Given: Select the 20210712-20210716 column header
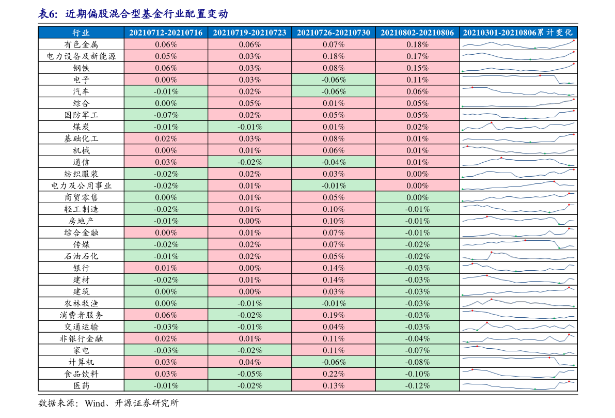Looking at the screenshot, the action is click(x=166, y=33).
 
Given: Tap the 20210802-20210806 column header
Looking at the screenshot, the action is click(x=417, y=33).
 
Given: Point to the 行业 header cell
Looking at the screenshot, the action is click(x=81, y=33).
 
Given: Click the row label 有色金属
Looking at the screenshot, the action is click(x=81, y=44).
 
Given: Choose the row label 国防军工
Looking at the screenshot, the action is click(x=81, y=115).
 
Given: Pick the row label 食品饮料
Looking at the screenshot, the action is click(x=81, y=374).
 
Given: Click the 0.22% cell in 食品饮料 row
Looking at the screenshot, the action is click(x=334, y=374).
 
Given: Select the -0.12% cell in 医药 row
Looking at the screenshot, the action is click(x=417, y=385).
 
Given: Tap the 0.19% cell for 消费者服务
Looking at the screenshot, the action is click(x=334, y=315).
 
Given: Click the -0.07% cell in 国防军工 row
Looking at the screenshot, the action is click(x=166, y=115).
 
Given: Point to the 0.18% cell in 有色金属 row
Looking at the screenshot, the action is click(x=417, y=44).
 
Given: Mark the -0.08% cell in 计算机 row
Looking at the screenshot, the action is click(x=417, y=362).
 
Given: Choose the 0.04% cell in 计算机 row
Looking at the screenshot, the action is click(x=250, y=362).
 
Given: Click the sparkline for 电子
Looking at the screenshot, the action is click(x=518, y=79).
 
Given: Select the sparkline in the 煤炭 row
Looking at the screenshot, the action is click(x=518, y=127).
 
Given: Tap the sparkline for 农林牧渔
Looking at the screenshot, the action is click(x=518, y=303).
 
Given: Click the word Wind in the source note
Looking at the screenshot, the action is click(x=95, y=403).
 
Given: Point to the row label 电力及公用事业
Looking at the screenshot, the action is click(x=81, y=185).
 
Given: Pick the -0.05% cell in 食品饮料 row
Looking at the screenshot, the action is click(x=250, y=374).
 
